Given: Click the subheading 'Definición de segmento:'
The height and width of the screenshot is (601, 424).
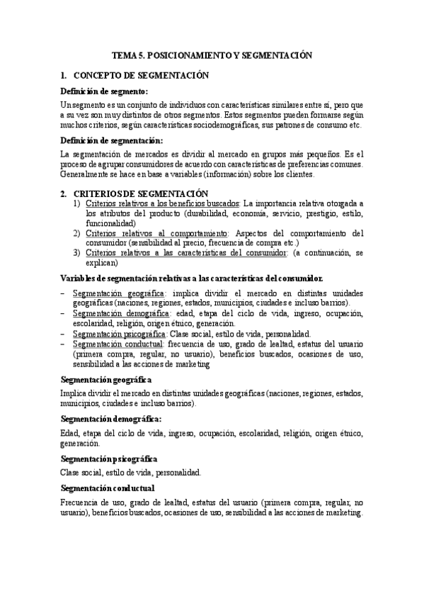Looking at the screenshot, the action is pos(104,91).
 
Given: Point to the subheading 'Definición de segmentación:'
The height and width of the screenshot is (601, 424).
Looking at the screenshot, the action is pos(112,140).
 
